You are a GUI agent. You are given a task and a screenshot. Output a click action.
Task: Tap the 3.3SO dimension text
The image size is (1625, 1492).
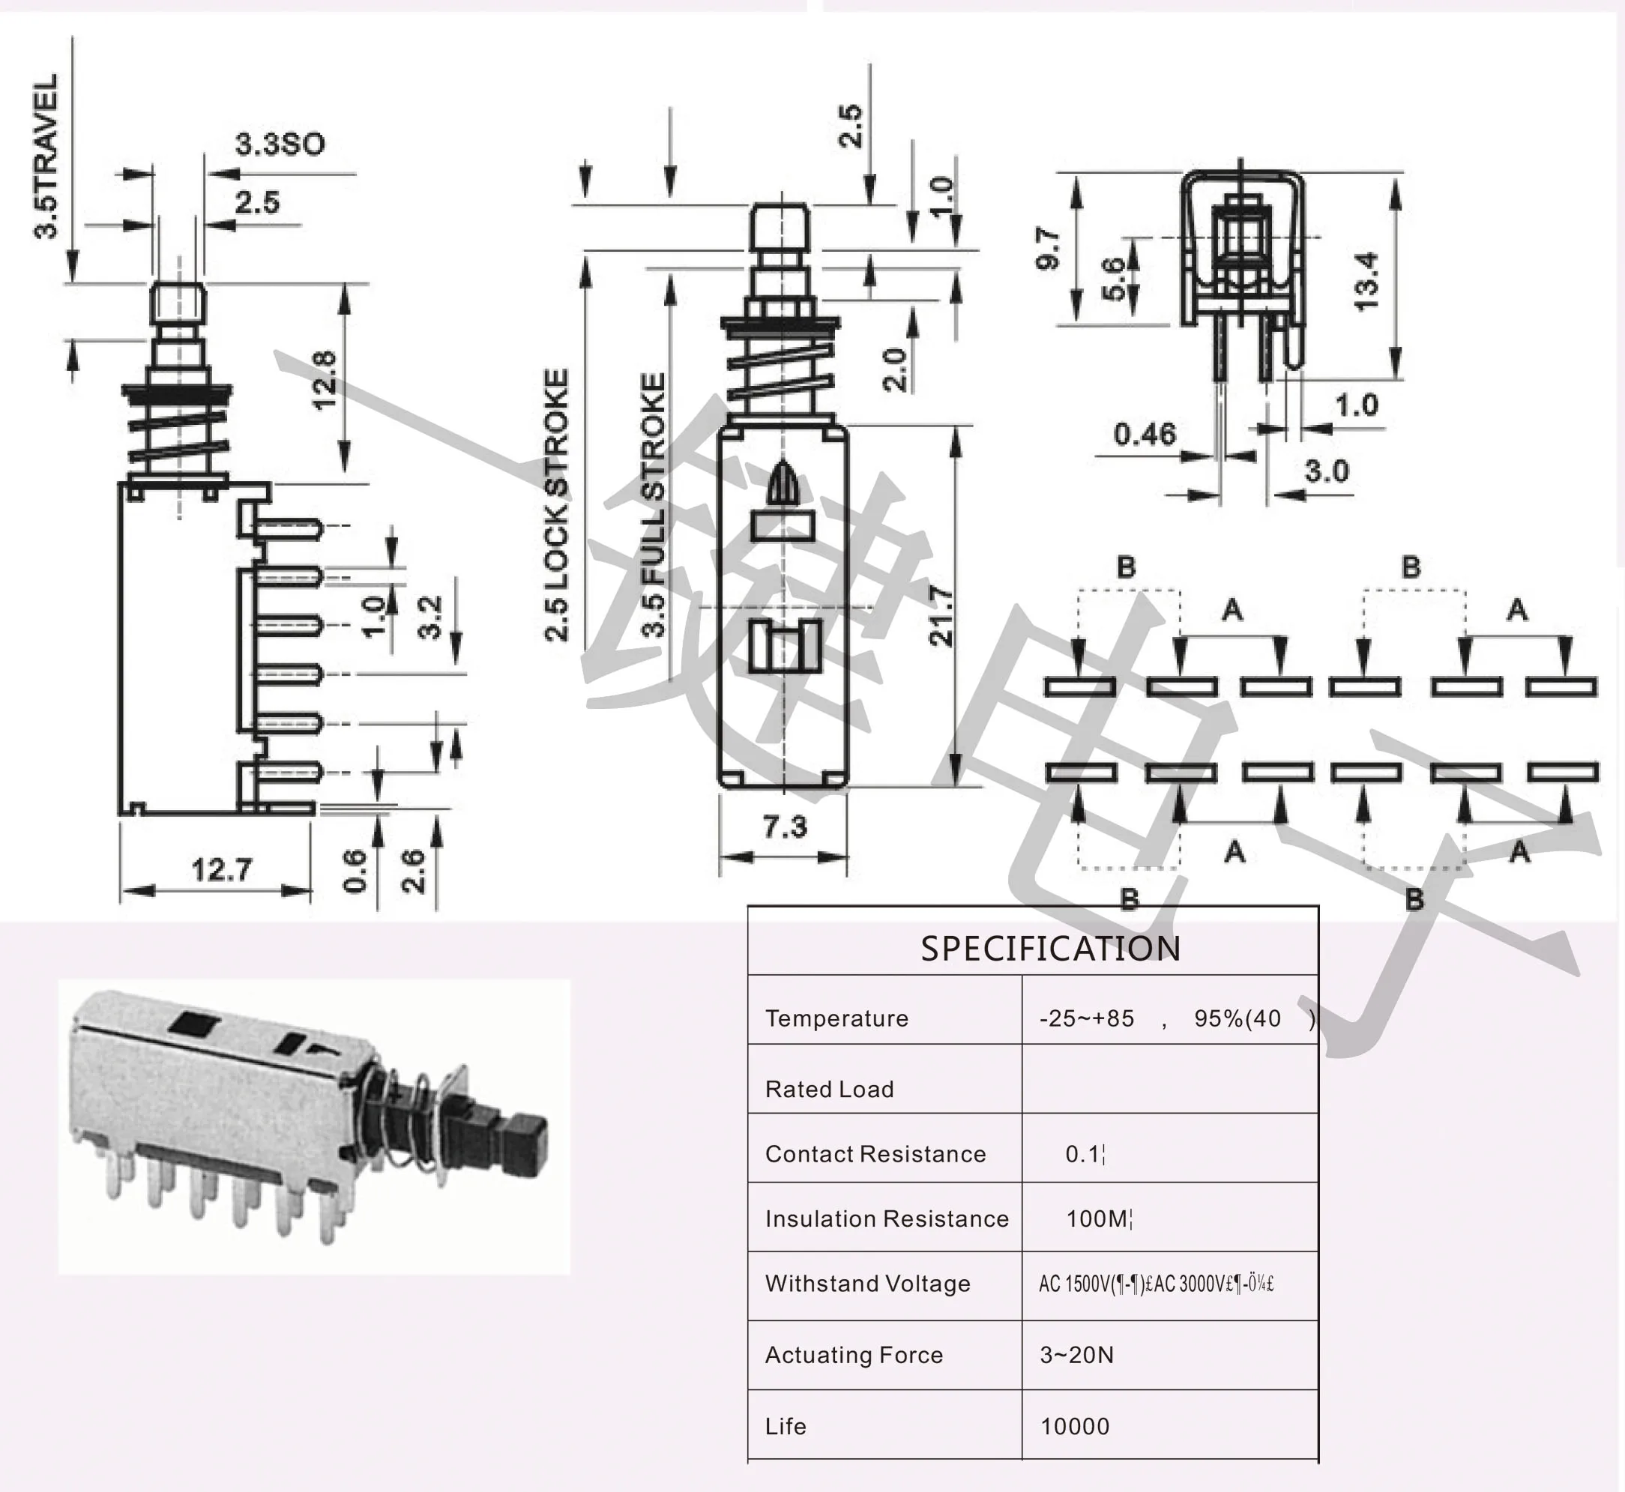coord(280,145)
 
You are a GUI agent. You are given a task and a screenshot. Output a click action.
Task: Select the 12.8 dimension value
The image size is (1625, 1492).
coord(324,379)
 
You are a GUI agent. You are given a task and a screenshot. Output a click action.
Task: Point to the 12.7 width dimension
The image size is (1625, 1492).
coord(221,869)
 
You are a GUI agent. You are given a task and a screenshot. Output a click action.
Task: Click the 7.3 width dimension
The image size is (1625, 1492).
coord(784,827)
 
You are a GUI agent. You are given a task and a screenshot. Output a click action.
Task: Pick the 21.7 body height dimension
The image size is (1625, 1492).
coord(941,616)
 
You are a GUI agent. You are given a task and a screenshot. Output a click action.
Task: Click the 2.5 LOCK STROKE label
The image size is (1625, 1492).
coord(557,504)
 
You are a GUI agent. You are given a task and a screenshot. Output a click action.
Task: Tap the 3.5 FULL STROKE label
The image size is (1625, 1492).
coord(654,504)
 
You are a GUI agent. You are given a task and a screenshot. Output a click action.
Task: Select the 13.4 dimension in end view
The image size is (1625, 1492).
coord(1366,280)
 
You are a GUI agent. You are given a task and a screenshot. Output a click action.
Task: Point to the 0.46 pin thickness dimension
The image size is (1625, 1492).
coord(1145,435)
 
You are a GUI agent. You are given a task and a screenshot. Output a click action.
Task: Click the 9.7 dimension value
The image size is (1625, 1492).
coord(1048,249)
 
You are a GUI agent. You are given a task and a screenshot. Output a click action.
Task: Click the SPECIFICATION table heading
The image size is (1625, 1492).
coord(1050,949)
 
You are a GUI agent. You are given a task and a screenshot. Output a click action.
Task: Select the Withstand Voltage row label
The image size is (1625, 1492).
coord(866,1284)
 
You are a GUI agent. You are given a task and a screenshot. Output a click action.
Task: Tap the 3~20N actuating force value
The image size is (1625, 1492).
coord(1076,1355)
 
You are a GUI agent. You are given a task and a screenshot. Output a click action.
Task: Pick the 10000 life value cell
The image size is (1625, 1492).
coord(1075,1427)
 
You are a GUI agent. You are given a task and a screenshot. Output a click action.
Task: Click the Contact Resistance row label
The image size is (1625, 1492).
coord(875,1154)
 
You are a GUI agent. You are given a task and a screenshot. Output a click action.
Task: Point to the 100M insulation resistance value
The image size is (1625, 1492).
coord(1098,1218)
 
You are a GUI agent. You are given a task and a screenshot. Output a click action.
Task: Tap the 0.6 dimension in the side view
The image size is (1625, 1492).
coord(355,870)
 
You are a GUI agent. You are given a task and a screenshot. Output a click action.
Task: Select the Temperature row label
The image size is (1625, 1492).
coord(836,1018)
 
